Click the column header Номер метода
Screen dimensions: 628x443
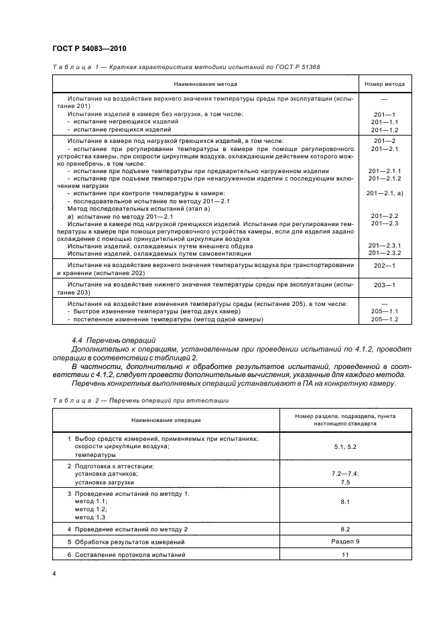point(384,84)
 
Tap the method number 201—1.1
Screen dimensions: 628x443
point(384,121)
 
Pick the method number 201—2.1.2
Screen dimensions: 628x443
point(384,178)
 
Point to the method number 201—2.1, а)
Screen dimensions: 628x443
point(384,193)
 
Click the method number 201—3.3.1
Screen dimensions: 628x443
point(384,246)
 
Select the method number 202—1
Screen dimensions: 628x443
point(384,266)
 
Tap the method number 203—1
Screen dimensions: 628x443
point(384,285)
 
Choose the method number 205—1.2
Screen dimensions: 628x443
point(384,319)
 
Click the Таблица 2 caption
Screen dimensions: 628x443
point(141,401)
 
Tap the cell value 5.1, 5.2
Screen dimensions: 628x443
point(345,446)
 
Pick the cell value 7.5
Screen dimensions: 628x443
point(345,482)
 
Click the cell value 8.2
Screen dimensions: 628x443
point(345,529)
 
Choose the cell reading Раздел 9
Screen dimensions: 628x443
point(345,541)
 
